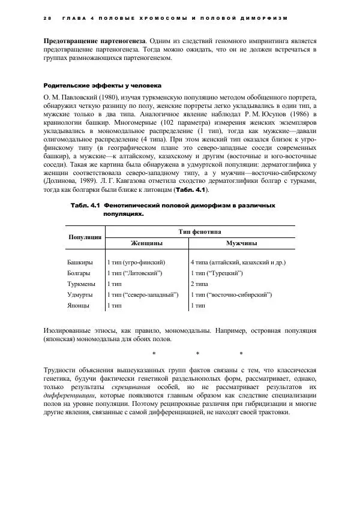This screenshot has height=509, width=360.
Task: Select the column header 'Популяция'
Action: (85, 237)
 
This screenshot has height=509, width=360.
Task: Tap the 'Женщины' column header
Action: (146, 243)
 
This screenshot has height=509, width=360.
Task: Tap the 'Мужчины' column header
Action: (242, 243)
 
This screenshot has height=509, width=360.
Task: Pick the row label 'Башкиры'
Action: (80, 262)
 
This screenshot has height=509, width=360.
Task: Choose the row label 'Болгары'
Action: (80, 273)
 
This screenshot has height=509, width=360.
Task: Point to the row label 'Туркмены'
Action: (82, 284)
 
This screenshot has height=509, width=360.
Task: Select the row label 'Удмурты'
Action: (80, 294)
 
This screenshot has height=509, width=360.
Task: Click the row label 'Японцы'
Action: (79, 305)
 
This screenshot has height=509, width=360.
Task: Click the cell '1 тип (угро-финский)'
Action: (136, 262)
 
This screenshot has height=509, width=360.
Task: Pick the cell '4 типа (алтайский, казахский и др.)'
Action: (238, 262)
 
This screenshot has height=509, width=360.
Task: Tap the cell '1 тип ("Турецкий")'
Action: (216, 273)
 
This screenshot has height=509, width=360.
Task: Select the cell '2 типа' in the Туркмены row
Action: (199, 284)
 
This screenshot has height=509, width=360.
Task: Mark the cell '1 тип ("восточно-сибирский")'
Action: (230, 294)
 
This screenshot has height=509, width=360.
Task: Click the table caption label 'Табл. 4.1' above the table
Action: (85, 206)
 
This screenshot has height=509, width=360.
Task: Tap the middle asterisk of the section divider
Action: (197, 353)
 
